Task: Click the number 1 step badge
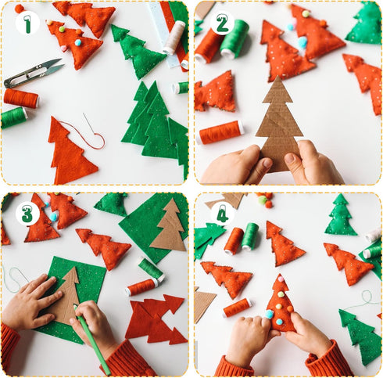pos(27,23)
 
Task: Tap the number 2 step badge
pos(221,23)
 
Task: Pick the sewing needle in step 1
pos(88,124)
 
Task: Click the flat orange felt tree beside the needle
pos(71,152)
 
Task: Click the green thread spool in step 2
pos(234,40)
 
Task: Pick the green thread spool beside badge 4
pos(250,235)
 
